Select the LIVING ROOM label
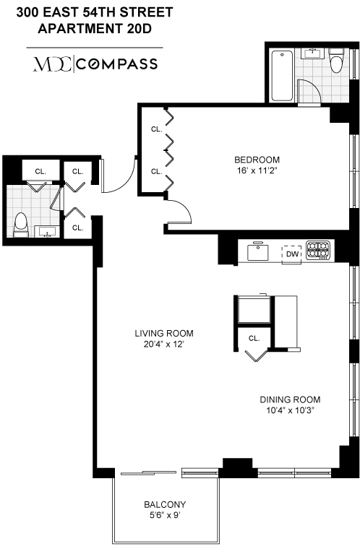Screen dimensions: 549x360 pyautogui.click(x=164, y=333)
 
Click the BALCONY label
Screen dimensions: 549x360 pyautogui.click(x=164, y=504)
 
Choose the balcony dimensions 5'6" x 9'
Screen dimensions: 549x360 pyautogui.click(x=164, y=516)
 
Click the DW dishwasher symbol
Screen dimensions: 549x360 pyautogui.click(x=292, y=254)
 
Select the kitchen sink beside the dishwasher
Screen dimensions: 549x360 pyautogui.click(x=258, y=252)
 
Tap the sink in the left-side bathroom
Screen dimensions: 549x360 pyautogui.click(x=48, y=233)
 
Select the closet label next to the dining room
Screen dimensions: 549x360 pyautogui.click(x=254, y=337)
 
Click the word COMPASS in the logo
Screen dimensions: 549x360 pyautogui.click(x=117, y=64)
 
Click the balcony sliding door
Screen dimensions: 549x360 pyautogui.click(x=149, y=473)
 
